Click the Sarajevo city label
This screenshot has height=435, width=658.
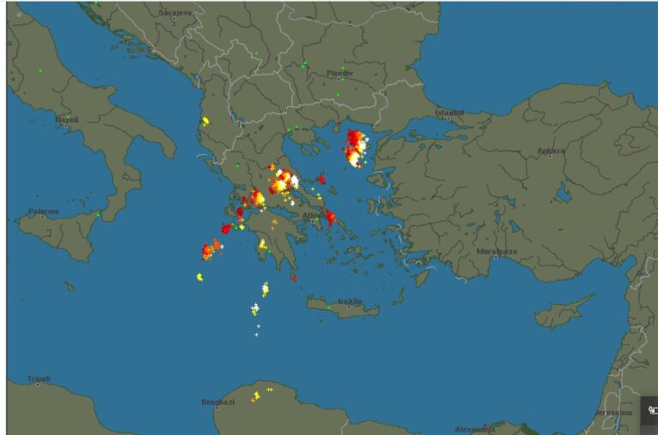(175, 13)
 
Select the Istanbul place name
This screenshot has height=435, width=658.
(449, 112)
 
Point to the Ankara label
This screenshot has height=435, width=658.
(551, 152)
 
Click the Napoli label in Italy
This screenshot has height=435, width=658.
(67, 120)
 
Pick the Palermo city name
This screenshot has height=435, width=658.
(43, 211)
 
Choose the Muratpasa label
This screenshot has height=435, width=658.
(498, 252)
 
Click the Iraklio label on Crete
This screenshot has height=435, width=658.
(349, 301)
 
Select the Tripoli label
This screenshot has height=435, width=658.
(39, 378)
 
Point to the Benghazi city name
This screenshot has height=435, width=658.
(218, 402)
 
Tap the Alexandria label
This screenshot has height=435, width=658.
(475, 428)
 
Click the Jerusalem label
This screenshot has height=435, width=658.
(613, 413)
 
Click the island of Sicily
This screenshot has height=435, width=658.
(60, 231)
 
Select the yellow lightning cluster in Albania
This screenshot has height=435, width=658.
(205, 122)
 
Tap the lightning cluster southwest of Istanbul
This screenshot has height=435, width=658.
(355, 147)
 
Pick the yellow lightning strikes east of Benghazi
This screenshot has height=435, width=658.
(258, 395)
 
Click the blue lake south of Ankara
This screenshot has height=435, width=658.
(563, 194)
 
